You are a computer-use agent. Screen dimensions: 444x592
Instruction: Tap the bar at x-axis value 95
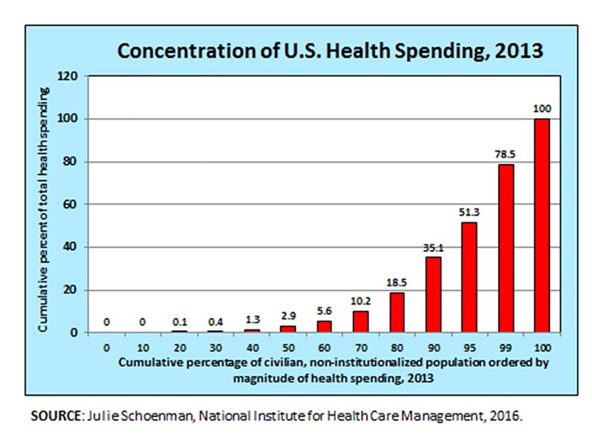[x=469, y=277]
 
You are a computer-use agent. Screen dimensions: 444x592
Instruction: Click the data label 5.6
[x=324, y=311]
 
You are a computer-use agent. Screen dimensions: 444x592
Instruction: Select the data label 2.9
[x=288, y=316]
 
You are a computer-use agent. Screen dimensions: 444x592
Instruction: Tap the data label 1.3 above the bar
[x=252, y=319]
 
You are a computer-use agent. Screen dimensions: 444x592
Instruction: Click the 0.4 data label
[x=215, y=322]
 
